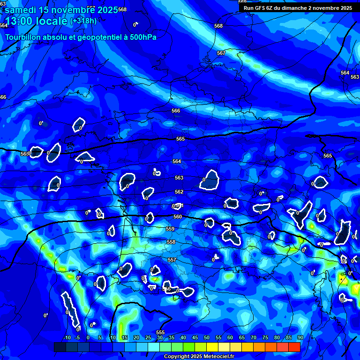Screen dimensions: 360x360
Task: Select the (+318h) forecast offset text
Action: coord(83,21)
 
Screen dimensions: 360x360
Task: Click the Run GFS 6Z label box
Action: coord(298,8)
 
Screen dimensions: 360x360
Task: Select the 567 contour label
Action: coord(221,53)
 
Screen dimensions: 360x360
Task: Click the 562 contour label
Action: coord(179,192)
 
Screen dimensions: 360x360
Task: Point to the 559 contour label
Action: coord(170,229)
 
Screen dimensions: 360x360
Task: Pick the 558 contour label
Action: coord(171,242)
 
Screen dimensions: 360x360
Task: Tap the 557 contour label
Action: coord(172,260)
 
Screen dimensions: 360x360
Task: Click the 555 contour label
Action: coord(160,332)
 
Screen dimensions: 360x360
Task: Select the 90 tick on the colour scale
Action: coord(300,338)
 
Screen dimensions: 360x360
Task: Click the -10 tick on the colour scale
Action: coord(67,338)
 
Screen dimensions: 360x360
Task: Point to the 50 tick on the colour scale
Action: coord(207,338)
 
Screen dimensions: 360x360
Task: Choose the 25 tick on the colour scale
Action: coord(148,338)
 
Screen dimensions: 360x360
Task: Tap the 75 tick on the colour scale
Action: coord(265,338)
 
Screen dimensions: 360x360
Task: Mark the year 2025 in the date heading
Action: coord(108,10)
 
